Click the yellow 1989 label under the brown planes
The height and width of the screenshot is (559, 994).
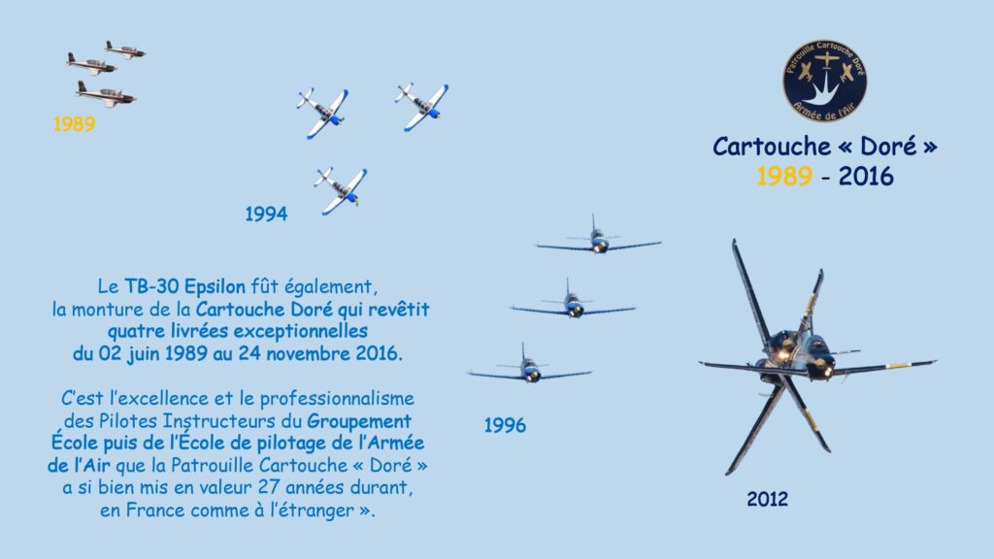tap(74, 123)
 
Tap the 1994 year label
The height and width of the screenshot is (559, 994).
tap(266, 214)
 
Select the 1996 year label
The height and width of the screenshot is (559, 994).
tap(505, 425)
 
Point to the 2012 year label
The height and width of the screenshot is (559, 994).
tap(768, 499)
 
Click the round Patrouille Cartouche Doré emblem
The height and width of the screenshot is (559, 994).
tap(825, 82)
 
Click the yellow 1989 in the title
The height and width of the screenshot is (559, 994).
tap(784, 176)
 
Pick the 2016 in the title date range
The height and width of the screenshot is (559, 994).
tap(866, 176)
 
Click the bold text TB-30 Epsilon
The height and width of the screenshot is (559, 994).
tap(184, 286)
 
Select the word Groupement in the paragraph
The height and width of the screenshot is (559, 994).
tap(359, 421)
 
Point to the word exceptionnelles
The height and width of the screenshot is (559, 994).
tap(301, 332)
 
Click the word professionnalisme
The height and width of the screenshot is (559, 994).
tap(337, 399)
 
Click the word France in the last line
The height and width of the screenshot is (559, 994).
tap(156, 510)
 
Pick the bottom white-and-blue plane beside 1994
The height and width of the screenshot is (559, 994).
tap(341, 190)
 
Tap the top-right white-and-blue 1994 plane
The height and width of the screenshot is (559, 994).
tap(421, 107)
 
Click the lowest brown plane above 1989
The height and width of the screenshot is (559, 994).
tap(105, 94)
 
